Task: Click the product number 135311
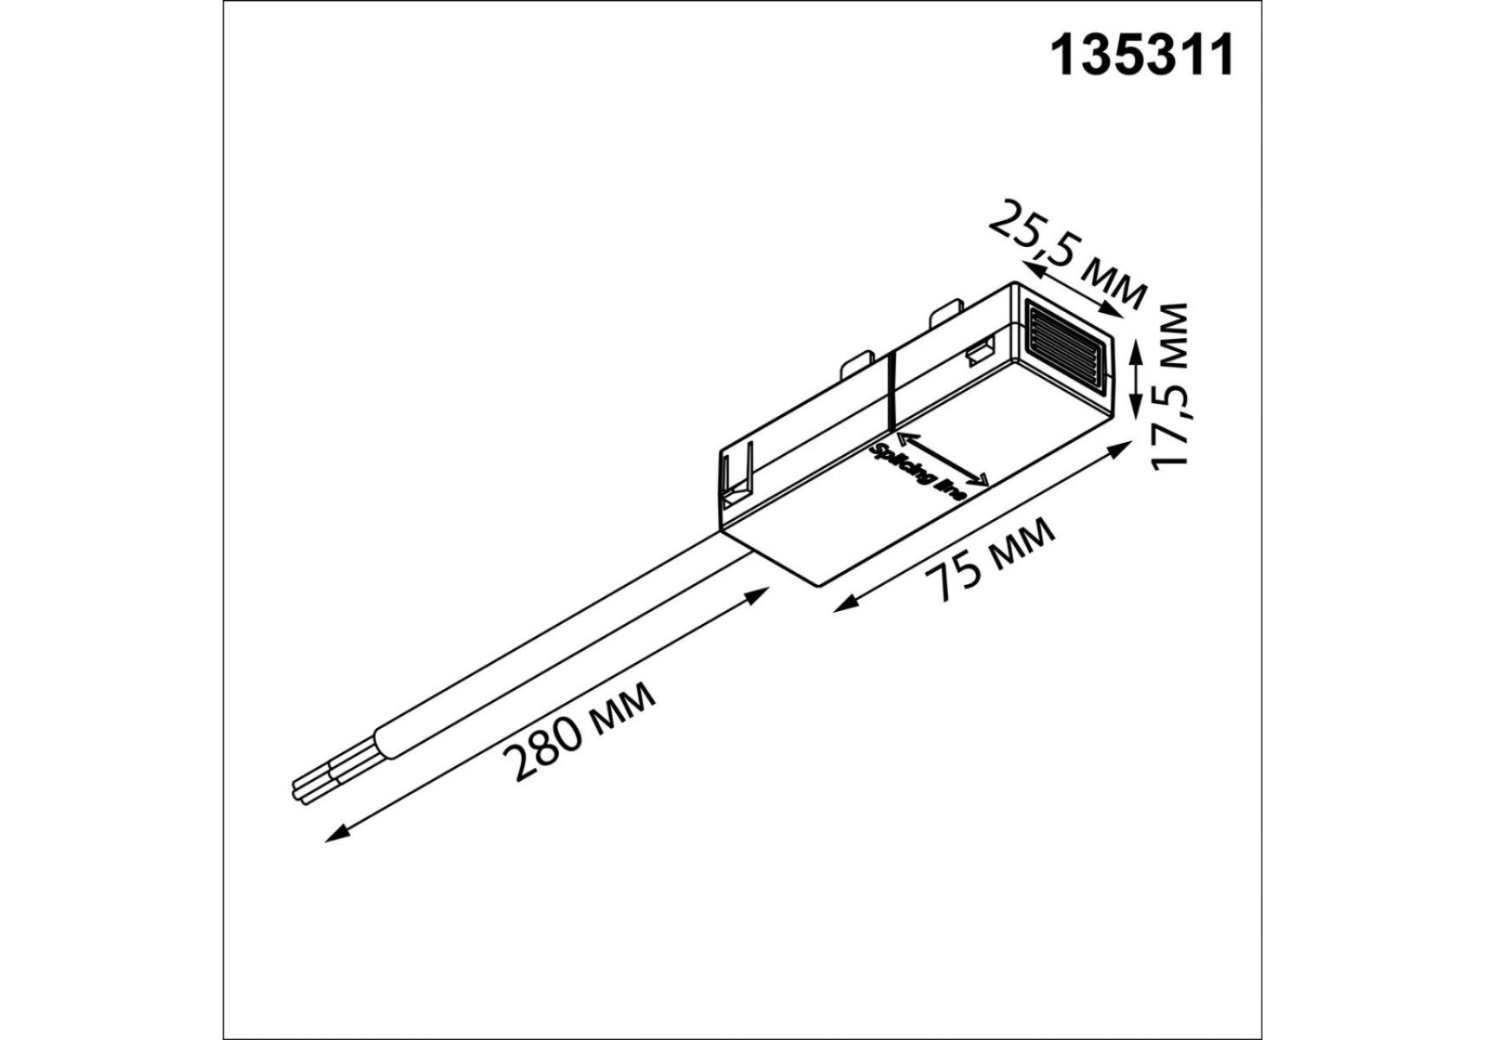pyautogui.click(x=1141, y=57)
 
